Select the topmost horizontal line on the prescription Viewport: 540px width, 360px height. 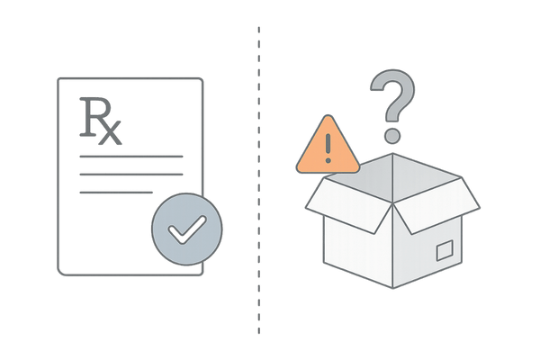point(130,157)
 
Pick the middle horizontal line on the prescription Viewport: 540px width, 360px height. point(130,175)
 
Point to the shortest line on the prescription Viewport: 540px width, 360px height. point(116,192)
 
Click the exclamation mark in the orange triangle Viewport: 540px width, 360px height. point(328,147)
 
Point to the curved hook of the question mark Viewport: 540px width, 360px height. point(392,94)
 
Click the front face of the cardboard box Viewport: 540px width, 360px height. point(360,252)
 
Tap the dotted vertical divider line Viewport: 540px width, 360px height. point(258,180)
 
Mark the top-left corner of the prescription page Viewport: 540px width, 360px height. point(58,79)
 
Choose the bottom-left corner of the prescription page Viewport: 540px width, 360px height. point(58,272)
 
